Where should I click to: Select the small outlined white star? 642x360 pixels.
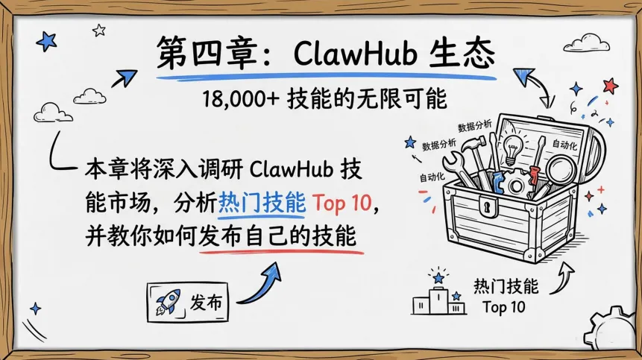99,31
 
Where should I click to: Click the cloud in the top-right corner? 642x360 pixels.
594,41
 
